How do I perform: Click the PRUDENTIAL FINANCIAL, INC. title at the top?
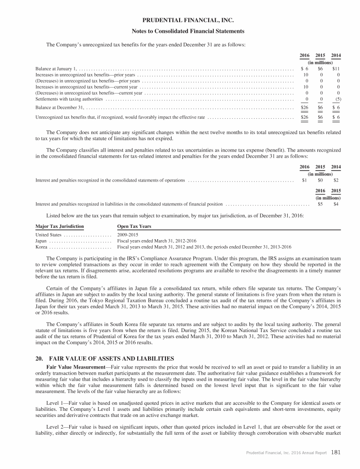[180, 20]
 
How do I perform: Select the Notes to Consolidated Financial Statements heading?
[180, 31]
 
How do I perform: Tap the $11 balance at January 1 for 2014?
[336, 68]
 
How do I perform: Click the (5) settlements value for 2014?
[337, 99]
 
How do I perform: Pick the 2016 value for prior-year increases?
[305, 75]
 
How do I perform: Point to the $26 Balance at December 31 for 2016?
[304, 107]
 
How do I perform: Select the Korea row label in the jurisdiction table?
[42, 246]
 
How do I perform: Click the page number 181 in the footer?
[335, 453]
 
